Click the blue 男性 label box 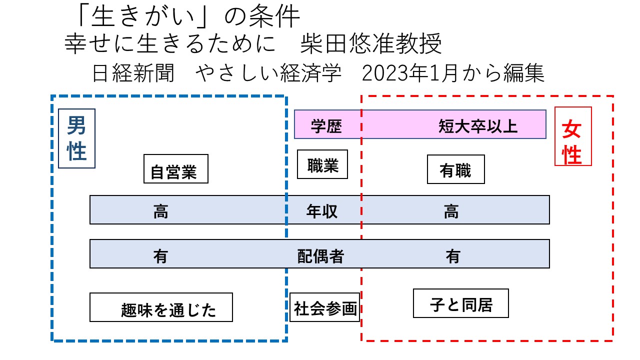point(76,138)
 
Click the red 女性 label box point(573,136)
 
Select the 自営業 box point(175,169)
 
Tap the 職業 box point(322,164)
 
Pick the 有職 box point(455,169)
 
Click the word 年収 point(322,211)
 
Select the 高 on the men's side point(160,211)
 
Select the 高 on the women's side point(451,211)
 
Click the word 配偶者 point(320,255)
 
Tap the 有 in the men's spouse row point(160,255)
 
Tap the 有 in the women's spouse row point(453,255)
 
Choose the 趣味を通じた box point(161,307)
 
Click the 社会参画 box point(325,307)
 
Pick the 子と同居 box point(460,303)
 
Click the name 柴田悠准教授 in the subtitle point(371,45)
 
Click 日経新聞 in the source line point(133,74)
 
